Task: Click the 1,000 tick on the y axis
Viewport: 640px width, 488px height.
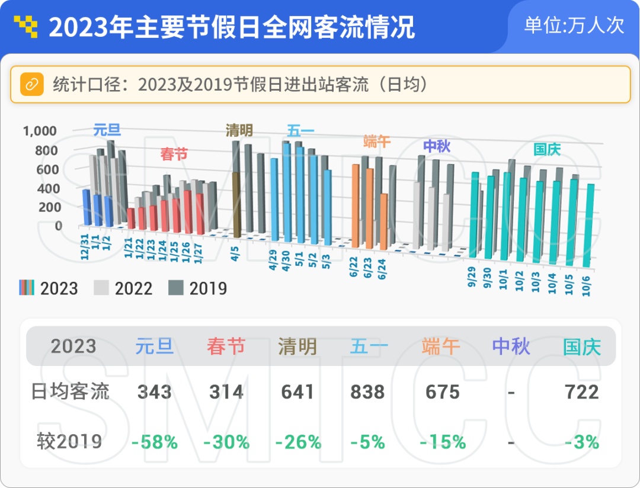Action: pyautogui.click(x=40, y=131)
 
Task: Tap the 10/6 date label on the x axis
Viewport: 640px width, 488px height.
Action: pyautogui.click(x=586, y=285)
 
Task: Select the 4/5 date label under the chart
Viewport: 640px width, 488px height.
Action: pyautogui.click(x=235, y=253)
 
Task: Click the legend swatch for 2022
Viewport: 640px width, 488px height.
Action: pyautogui.click(x=101, y=288)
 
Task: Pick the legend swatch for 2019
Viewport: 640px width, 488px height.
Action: pyautogui.click(x=175, y=288)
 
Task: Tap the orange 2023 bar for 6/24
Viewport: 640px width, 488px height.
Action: pyautogui.click(x=383, y=221)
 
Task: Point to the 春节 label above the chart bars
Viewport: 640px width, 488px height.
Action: pyautogui.click(x=174, y=154)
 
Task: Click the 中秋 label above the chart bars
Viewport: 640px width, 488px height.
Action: pyautogui.click(x=437, y=146)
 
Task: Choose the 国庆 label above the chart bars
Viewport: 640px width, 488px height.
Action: pyautogui.click(x=548, y=149)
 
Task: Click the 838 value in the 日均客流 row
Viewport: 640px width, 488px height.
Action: pyautogui.click(x=367, y=392)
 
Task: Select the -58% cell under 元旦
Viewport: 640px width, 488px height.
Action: pyautogui.click(x=155, y=442)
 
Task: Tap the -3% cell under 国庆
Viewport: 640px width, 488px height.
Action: pyautogui.click(x=582, y=442)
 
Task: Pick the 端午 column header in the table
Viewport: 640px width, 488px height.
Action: pyautogui.click(x=441, y=346)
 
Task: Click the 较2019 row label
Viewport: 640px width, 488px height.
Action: pyautogui.click(x=69, y=441)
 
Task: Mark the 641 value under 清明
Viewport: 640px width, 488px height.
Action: pyautogui.click(x=297, y=392)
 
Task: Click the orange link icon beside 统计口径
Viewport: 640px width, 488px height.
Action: pyautogui.click(x=32, y=85)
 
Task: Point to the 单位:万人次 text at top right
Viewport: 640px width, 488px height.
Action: pyautogui.click(x=574, y=25)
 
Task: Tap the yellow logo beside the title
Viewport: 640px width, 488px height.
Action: pyautogui.click(x=25, y=27)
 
